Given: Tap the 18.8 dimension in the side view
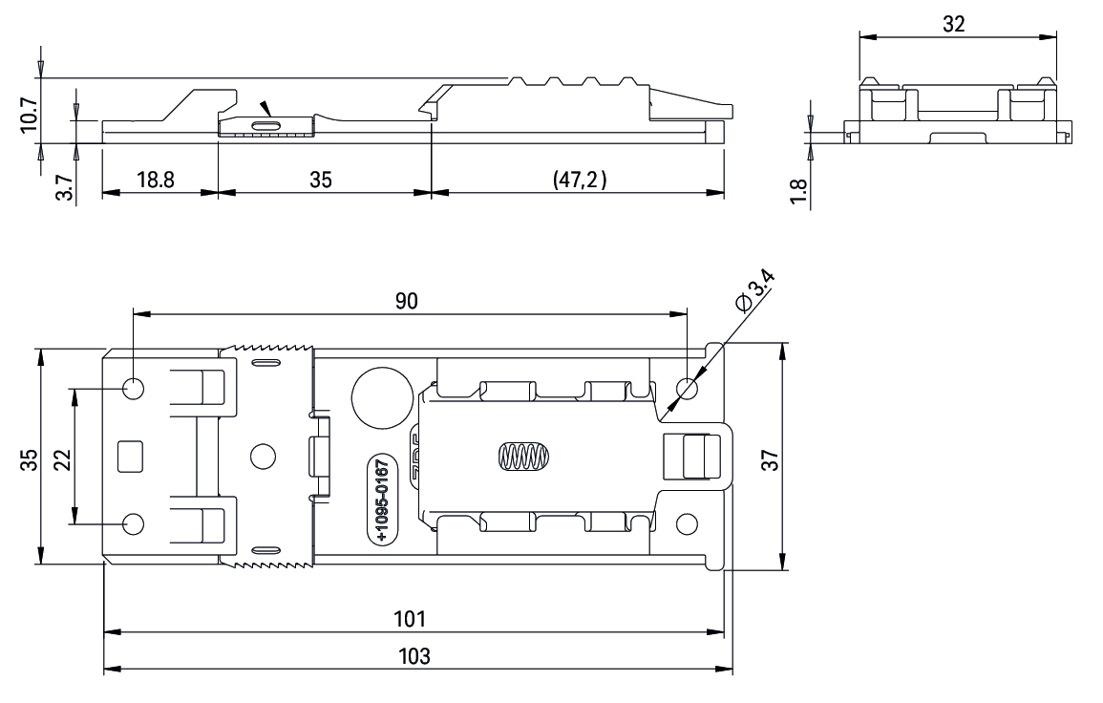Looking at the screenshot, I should pyautogui.click(x=154, y=180).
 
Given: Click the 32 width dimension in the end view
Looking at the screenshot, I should pyautogui.click(x=953, y=25).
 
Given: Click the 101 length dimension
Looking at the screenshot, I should pyautogui.click(x=413, y=618).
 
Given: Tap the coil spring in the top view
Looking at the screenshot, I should pyautogui.click(x=521, y=457).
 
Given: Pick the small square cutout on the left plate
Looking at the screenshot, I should pyautogui.click(x=129, y=456).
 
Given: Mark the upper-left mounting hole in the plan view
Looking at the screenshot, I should pyautogui.click(x=134, y=388).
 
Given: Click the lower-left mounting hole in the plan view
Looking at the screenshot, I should pyautogui.click(x=134, y=523).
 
